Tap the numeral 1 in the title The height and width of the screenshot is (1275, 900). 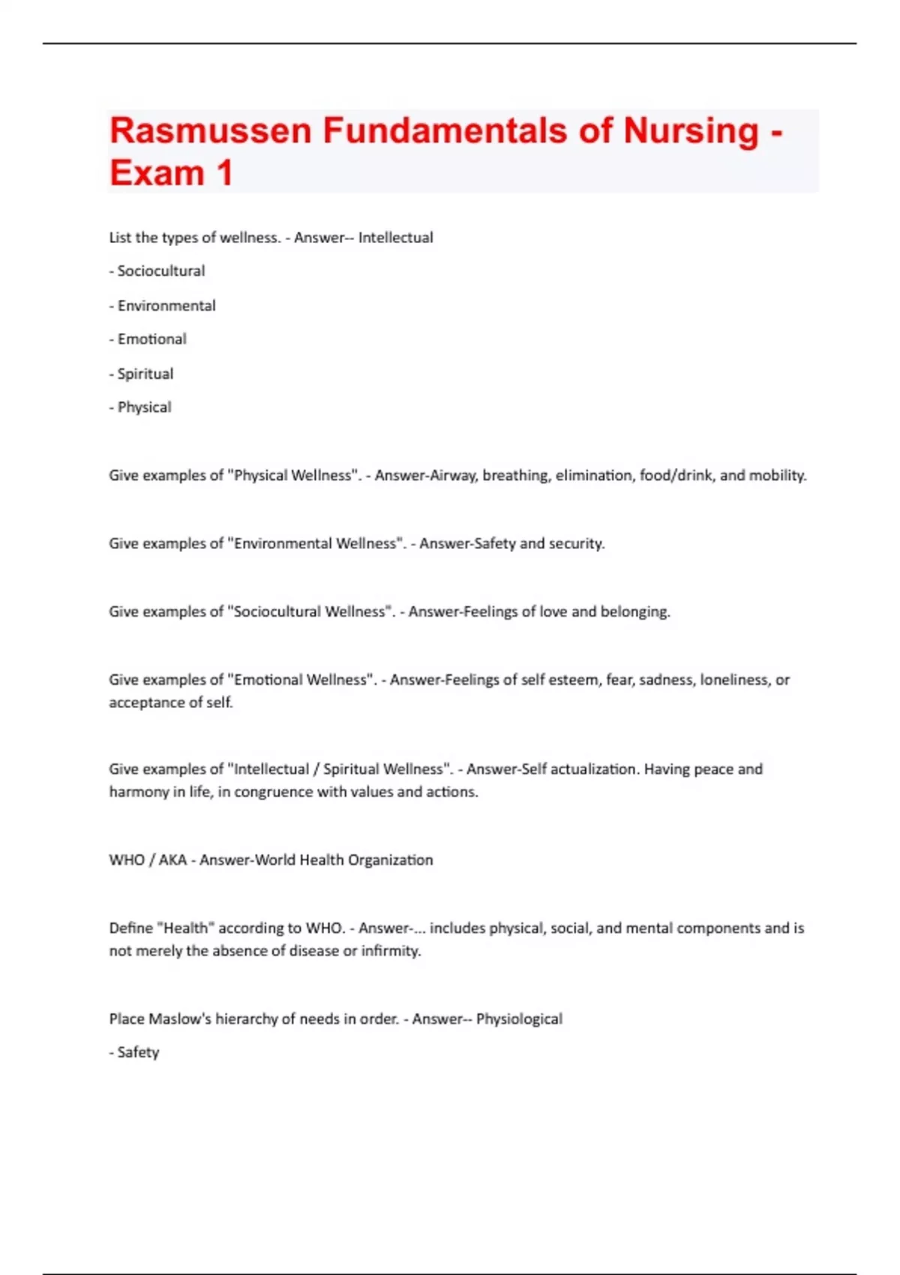224,173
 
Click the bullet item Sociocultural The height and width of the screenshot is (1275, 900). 160,271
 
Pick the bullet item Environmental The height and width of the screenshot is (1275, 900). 166,305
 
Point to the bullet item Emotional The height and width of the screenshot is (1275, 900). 151,339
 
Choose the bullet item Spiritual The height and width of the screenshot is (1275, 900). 145,373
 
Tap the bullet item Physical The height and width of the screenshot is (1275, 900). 144,407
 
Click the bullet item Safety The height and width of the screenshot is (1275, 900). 138,1052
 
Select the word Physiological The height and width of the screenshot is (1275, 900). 519,1018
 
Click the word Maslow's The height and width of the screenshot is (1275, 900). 180,1018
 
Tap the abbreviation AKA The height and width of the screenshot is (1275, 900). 172,859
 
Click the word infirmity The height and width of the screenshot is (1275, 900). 391,950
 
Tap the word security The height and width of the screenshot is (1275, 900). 576,543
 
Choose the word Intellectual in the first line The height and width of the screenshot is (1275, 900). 395,237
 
